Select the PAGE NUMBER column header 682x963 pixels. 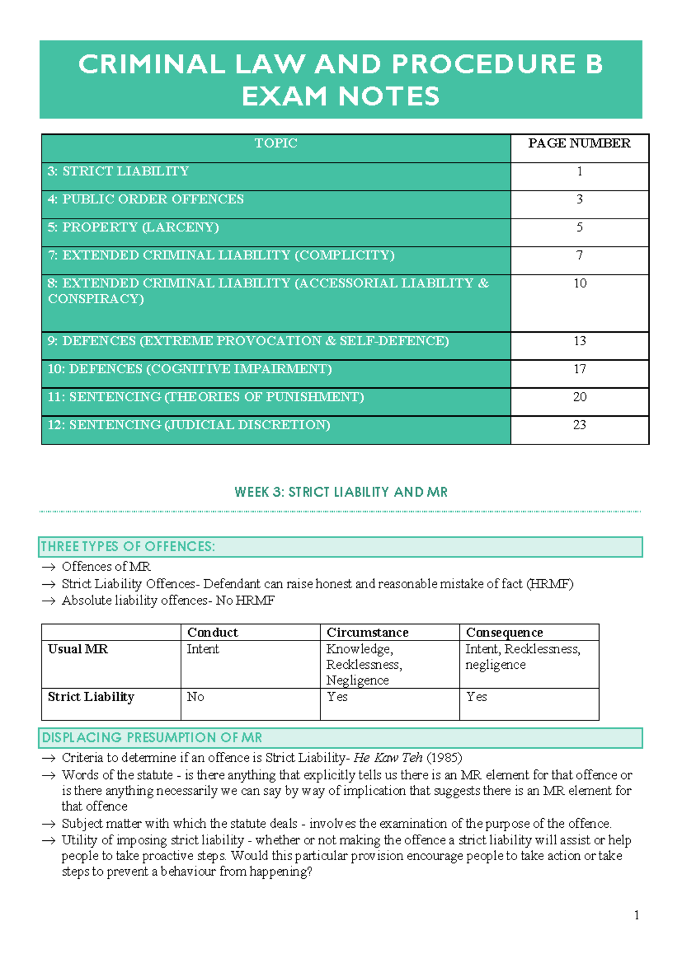point(579,143)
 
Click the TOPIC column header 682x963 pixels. point(276,143)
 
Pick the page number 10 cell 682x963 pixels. point(579,283)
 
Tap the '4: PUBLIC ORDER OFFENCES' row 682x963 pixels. point(146,199)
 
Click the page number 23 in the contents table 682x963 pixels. point(579,425)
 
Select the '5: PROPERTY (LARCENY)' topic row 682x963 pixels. point(134,227)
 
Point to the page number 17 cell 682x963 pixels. point(579,369)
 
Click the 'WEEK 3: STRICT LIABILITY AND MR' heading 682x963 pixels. point(341,492)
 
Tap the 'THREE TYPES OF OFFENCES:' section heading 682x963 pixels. point(128,547)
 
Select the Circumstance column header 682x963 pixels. point(367,633)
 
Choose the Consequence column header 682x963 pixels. point(504,633)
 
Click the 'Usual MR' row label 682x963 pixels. point(78,649)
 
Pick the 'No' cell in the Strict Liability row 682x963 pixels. point(196,697)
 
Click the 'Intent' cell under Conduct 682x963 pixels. point(203,649)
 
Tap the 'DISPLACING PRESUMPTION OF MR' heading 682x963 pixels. point(152,738)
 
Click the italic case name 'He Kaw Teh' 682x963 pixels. point(388,758)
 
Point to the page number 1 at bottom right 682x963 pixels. point(636,915)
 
